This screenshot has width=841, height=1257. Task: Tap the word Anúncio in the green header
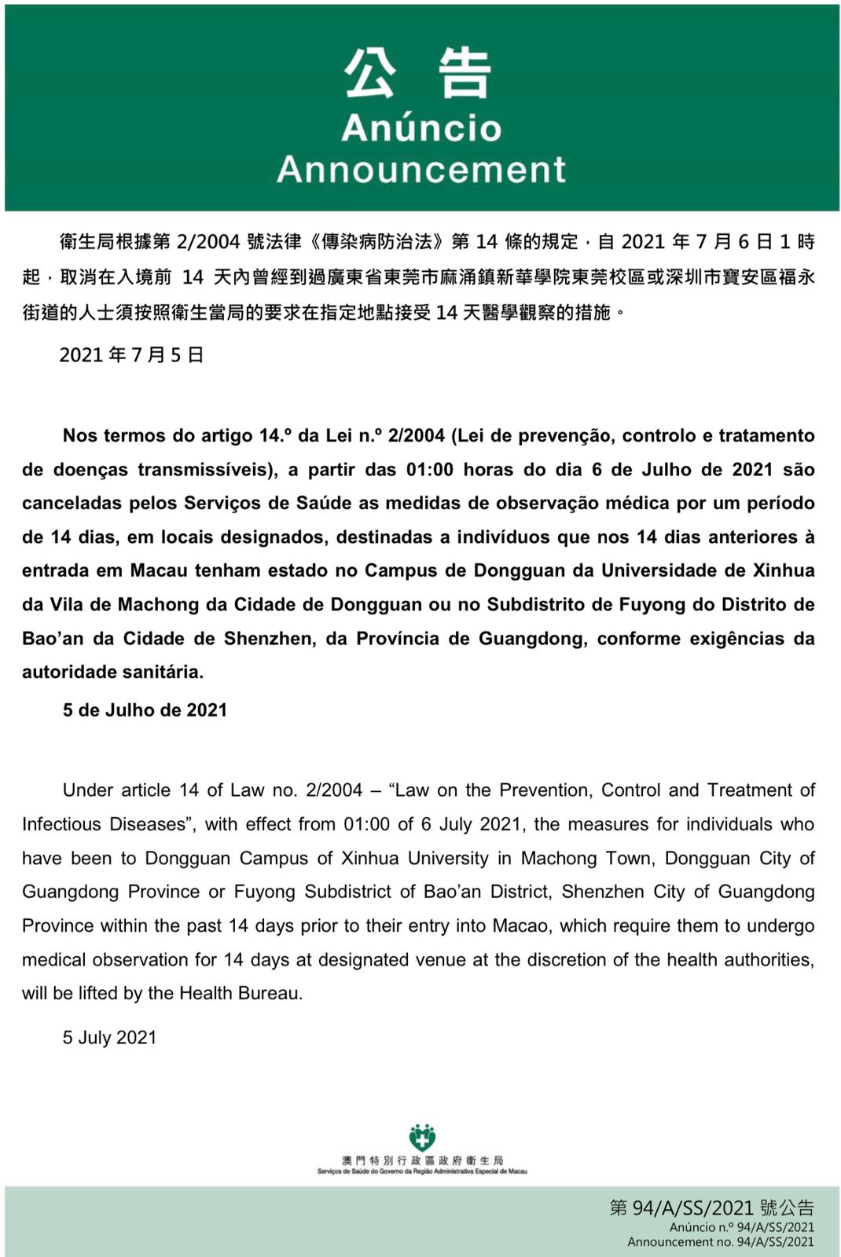point(421,128)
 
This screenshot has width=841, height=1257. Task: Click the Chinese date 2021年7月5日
point(131,355)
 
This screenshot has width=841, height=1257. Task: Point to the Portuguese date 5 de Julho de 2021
point(145,710)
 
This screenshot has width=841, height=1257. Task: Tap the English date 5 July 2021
point(109,1037)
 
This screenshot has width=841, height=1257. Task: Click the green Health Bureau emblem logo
point(422,1137)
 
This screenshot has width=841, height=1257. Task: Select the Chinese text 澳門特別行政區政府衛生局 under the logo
point(422,1160)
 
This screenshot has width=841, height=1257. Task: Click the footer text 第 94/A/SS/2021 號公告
point(711,1208)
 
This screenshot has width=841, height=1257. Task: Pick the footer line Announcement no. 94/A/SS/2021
point(720,1242)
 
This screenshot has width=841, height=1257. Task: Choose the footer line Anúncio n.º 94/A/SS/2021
point(741,1227)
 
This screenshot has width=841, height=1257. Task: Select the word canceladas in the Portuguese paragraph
point(72,503)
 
